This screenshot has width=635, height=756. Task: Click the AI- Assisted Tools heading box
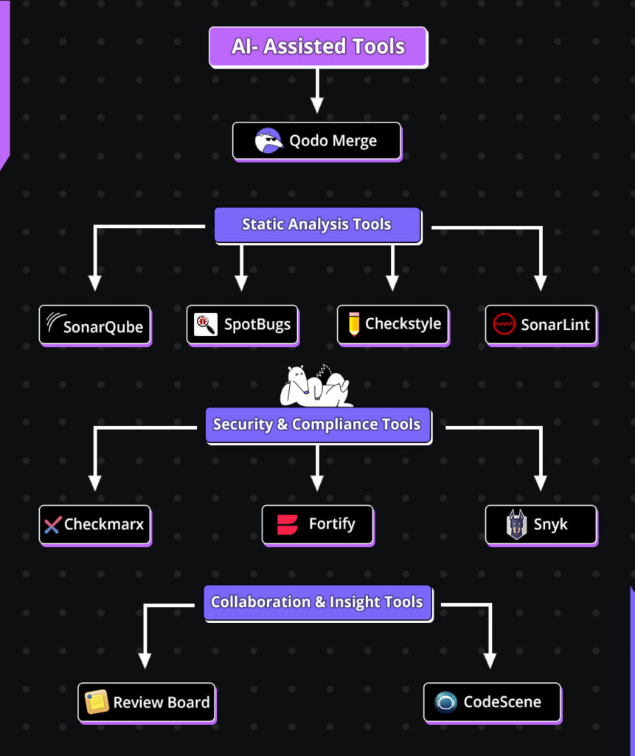pyautogui.click(x=318, y=47)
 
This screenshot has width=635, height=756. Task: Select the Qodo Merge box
pyautogui.click(x=317, y=140)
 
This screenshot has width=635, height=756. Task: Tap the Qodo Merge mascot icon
pyautogui.click(x=268, y=140)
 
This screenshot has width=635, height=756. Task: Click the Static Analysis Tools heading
pyautogui.click(x=317, y=224)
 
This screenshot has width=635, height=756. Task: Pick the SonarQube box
pyautogui.click(x=94, y=325)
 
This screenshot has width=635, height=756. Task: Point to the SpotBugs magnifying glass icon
pyautogui.click(x=205, y=324)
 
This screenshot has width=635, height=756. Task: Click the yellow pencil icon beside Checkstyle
pyautogui.click(x=354, y=324)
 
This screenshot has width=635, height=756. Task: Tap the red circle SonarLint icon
pyautogui.click(x=504, y=324)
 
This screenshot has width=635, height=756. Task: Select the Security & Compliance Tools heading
pyautogui.click(x=317, y=425)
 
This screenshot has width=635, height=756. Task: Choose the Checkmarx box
pyautogui.click(x=94, y=525)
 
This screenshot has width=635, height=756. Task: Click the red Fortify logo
pyautogui.click(x=288, y=525)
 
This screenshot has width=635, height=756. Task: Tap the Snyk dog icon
pyautogui.click(x=516, y=525)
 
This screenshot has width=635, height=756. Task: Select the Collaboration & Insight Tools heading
pyautogui.click(x=317, y=602)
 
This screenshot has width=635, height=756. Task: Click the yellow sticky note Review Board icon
pyautogui.click(x=97, y=702)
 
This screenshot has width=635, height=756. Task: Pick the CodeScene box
pyautogui.click(x=492, y=702)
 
